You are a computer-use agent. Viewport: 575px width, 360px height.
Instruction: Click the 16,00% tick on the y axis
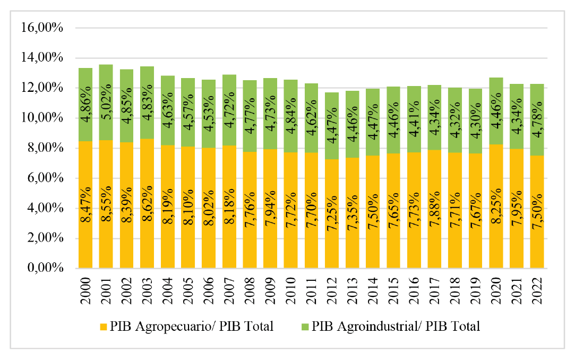coord(41,28)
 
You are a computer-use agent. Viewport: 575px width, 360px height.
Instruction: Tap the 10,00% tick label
coord(41,118)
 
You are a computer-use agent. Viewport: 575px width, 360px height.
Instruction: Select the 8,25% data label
coord(496,204)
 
